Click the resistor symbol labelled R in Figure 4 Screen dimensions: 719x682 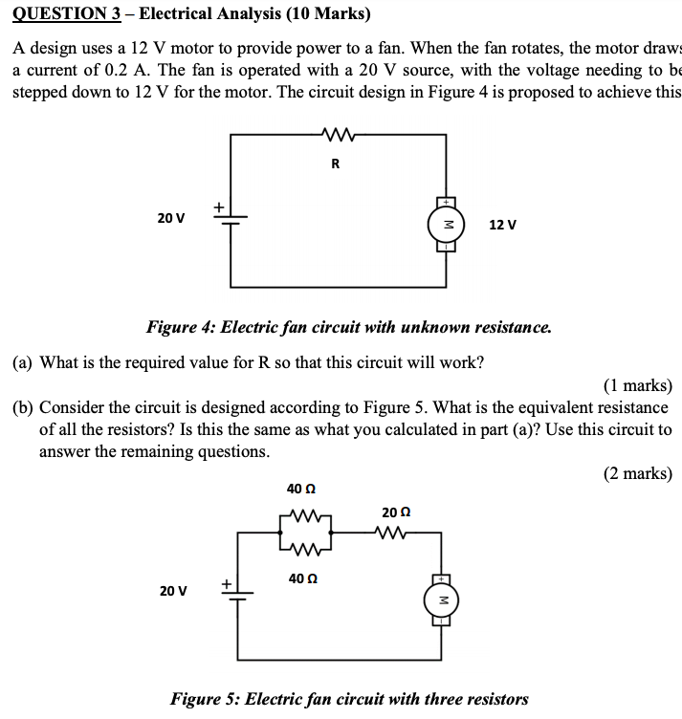pos(336,137)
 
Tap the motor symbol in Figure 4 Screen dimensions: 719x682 pos(446,225)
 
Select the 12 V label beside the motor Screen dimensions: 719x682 pos(502,225)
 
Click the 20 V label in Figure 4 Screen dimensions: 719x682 pos(171,218)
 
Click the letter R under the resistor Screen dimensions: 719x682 pos(335,163)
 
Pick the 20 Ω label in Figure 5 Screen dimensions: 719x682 pos(395,512)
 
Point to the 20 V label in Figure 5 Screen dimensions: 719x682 pos(172,591)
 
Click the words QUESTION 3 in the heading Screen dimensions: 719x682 pos(62,14)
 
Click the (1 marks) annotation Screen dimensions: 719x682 pos(638,386)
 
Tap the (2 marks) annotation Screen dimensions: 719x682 pos(638,472)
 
